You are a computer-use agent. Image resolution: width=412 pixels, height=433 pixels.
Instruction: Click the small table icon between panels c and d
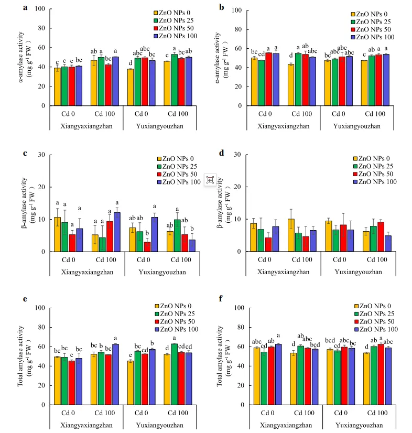pos(210,179)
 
